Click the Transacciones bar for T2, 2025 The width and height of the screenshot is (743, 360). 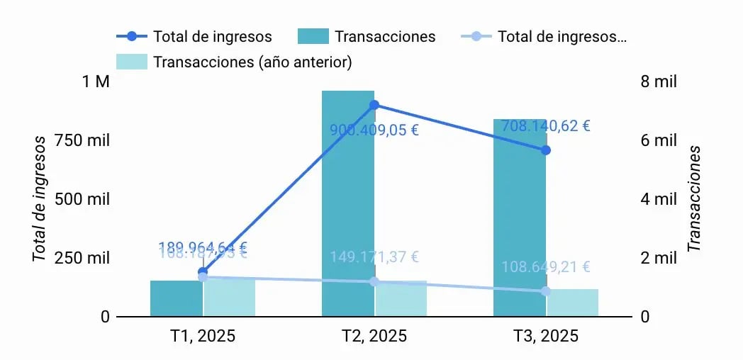(347, 206)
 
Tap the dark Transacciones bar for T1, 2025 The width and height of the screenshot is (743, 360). (176, 298)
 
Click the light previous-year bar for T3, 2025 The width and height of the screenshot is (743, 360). (573, 303)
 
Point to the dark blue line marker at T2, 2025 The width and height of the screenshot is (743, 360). (374, 105)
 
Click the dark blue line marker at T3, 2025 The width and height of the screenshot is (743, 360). (546, 150)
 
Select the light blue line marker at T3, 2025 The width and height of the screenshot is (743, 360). (546, 291)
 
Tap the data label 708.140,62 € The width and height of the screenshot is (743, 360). (545, 126)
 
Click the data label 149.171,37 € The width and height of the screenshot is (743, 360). (374, 257)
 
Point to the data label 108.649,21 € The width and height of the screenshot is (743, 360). (546, 267)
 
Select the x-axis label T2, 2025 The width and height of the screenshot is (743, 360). (374, 335)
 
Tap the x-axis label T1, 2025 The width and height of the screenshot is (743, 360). (203, 335)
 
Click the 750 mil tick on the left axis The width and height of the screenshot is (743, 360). (86, 140)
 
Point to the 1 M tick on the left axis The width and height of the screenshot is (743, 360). (96, 81)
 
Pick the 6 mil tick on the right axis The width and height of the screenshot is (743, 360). (659, 140)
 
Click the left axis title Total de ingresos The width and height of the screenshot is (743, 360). (40, 199)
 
